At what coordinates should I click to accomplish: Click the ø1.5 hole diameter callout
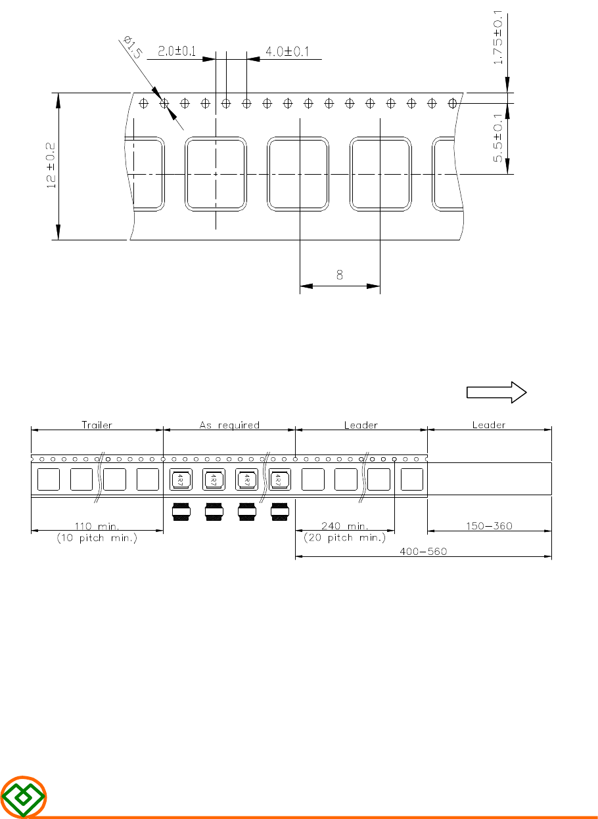(132, 47)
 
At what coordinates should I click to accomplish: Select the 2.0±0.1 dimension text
(177, 51)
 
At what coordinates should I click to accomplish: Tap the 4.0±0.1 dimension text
(287, 51)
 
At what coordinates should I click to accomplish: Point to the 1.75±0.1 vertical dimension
(497, 37)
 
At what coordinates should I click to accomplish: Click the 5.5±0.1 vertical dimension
(497, 137)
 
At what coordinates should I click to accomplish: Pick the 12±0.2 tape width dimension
(51, 166)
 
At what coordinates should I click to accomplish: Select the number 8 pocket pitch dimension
(340, 275)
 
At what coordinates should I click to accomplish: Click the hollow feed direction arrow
(496, 392)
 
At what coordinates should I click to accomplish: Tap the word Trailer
(97, 425)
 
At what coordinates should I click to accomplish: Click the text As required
(229, 425)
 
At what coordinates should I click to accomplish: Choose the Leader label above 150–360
(489, 425)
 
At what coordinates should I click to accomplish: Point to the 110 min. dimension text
(97, 526)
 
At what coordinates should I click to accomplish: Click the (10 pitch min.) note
(97, 538)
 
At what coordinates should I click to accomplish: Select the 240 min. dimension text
(345, 526)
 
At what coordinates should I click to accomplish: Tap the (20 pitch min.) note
(344, 537)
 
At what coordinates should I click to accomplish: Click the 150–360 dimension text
(489, 526)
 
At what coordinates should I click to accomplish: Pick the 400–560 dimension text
(423, 551)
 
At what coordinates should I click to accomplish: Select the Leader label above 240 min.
(361, 425)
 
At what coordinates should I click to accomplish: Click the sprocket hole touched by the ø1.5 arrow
(164, 104)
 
